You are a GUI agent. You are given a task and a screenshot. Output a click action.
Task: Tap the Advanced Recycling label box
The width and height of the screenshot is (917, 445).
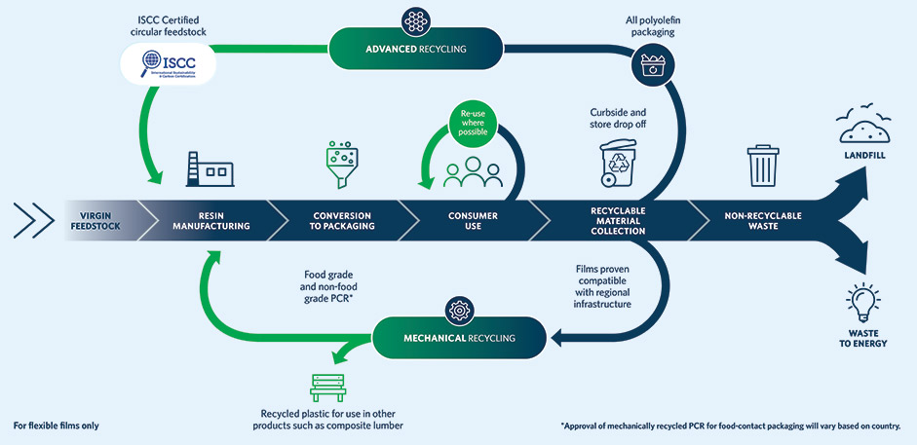point(416,47)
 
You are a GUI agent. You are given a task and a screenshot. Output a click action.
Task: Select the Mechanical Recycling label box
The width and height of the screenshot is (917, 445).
point(457,337)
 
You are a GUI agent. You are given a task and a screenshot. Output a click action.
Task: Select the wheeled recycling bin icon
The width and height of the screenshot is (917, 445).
point(619,162)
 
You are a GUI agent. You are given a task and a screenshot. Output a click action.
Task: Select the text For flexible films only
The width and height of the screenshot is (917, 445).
point(56,426)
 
